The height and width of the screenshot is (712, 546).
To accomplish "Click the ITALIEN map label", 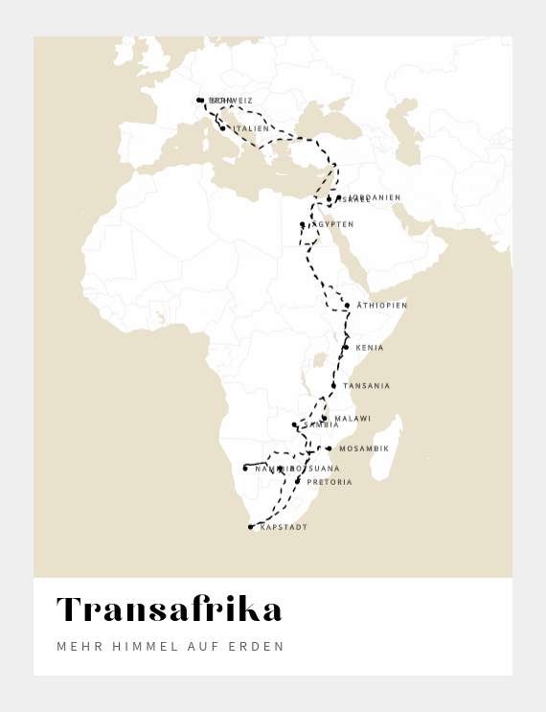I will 251,128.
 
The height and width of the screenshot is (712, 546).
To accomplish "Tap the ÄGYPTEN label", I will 331,224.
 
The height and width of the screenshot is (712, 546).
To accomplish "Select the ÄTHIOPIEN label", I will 382,306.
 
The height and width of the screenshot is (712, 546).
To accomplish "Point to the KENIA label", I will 370,348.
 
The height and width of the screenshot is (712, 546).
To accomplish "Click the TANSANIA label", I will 367,386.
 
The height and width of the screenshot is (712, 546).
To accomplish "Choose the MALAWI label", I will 353,419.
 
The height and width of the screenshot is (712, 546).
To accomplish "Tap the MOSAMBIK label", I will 364,448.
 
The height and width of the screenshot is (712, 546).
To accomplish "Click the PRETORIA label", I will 330,482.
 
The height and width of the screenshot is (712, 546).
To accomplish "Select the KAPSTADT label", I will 284,527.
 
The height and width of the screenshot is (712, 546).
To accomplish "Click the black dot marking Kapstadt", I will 251,527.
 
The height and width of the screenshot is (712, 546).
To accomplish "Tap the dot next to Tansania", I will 333,385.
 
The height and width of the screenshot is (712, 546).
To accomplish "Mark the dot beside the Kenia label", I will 346,347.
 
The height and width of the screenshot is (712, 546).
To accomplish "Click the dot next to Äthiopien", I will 347,306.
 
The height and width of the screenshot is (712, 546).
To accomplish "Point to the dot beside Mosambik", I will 329,448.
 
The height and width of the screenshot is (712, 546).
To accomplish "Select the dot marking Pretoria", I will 298,480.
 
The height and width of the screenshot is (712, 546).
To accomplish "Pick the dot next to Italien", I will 223,128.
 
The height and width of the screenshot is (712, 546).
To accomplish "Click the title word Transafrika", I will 170,609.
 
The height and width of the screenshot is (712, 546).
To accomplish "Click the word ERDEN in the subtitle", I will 257,647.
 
